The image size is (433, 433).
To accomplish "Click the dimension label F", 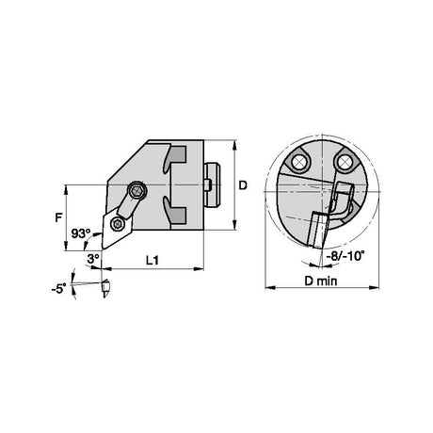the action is click(58, 217).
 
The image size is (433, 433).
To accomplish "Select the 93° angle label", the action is click(81, 233).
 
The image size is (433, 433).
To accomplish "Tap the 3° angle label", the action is click(93, 259).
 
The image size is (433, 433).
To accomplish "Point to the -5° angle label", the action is click(59, 288).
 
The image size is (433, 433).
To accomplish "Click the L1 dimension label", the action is click(152, 260).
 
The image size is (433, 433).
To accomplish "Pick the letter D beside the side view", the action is click(243, 185).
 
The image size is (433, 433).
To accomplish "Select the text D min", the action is click(321, 281).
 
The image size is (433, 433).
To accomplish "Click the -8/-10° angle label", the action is click(345, 256).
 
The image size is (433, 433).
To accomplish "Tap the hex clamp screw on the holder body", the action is click(137, 190).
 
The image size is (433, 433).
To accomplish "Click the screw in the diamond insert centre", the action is click(118, 224).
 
